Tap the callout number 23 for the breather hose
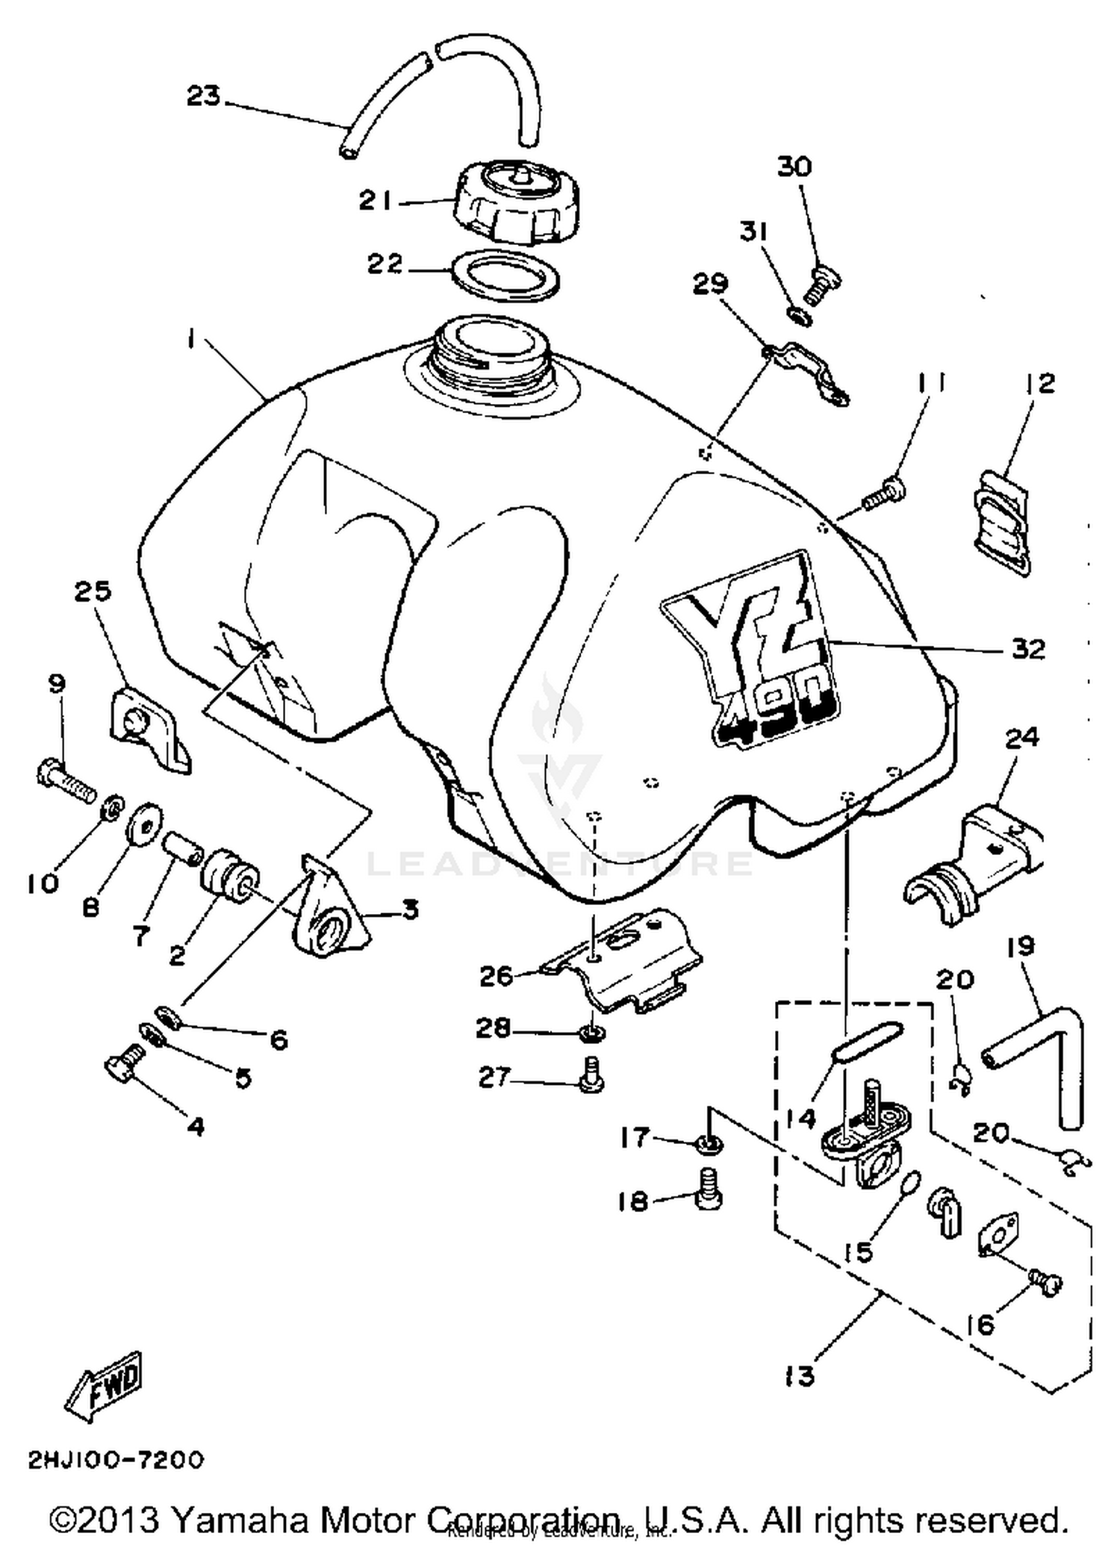[x=203, y=96]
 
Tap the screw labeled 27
[x=591, y=1076]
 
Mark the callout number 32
[x=1027, y=649]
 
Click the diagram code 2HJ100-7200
[x=116, y=1460]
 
